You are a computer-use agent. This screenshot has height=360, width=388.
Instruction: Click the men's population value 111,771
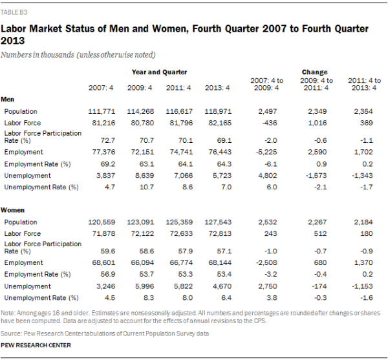[102, 111]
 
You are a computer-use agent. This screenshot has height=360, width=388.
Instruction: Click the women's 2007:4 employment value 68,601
[103, 263]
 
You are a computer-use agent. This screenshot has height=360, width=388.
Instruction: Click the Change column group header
[314, 72]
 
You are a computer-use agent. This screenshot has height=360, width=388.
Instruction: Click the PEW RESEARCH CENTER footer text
[36, 346]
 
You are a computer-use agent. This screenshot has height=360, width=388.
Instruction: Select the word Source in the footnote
[12, 333]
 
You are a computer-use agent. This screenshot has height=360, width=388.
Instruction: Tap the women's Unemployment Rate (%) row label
[41, 297]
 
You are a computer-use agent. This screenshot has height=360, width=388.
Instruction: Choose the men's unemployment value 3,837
[105, 175]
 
